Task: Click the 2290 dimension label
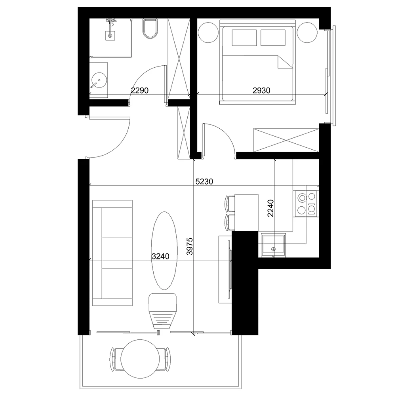[140, 90]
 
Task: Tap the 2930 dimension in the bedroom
[261, 90]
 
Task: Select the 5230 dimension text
[204, 181]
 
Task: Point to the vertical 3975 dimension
[190, 246]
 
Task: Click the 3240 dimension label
[161, 256]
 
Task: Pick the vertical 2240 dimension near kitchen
[270, 208]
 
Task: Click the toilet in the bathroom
[150, 29]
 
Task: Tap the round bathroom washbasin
[99, 80]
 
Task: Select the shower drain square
[110, 36]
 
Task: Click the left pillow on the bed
[244, 38]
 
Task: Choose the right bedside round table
[307, 32]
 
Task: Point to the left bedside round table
[208, 32]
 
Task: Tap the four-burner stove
[307, 204]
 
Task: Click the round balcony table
[140, 359]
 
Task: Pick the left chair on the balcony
[116, 359]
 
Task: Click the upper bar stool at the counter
[229, 204]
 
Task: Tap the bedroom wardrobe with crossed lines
[286, 140]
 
